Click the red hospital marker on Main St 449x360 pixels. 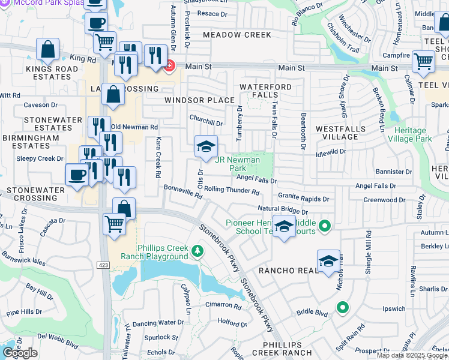tap(170, 65)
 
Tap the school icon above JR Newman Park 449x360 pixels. tap(205, 146)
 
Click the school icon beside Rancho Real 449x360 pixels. tap(328, 261)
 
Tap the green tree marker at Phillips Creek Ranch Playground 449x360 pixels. tap(197, 250)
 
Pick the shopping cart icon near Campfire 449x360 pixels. tap(424, 61)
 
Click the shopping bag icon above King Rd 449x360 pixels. tap(48, 49)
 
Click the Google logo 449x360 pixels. tap(20, 353)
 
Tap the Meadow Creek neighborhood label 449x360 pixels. tap(237, 35)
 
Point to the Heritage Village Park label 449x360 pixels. tap(419, 134)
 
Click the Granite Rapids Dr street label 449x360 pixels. tap(303, 198)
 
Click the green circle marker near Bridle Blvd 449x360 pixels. tap(343, 308)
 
